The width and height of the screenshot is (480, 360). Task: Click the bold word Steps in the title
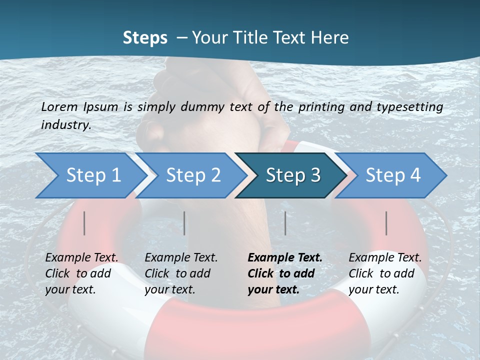(145, 37)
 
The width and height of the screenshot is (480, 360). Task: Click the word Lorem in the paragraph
(59, 106)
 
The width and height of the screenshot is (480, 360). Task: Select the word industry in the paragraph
(65, 125)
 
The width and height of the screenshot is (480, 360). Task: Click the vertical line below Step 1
(84, 223)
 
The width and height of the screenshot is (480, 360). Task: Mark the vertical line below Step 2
(184, 223)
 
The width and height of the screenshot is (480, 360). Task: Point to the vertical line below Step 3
(285, 223)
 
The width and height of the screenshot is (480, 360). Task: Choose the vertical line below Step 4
(386, 223)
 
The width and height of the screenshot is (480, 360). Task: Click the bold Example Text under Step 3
(285, 257)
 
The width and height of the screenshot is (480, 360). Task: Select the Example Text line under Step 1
(81, 257)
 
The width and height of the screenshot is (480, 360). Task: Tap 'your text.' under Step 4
(373, 289)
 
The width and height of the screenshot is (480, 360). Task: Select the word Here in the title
(329, 37)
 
